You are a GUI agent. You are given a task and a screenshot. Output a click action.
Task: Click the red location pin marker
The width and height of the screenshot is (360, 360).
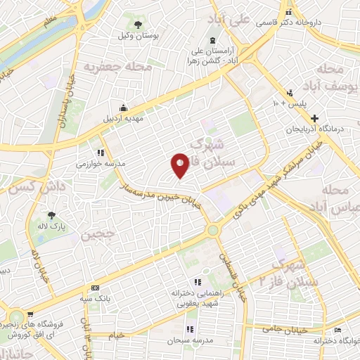(x=180, y=165)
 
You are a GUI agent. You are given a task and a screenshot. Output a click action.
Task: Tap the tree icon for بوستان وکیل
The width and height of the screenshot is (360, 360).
(x=137, y=25)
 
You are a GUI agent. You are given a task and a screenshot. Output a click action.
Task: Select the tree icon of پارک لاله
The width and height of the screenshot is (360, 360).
(x=51, y=216)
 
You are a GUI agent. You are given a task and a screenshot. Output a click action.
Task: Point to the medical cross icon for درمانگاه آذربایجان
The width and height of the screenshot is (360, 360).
(x=315, y=118)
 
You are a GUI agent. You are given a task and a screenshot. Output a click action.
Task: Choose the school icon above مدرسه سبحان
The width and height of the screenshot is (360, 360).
(x=189, y=329)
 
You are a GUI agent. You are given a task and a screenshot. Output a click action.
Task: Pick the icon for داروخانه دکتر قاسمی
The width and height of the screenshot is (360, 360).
(x=289, y=12)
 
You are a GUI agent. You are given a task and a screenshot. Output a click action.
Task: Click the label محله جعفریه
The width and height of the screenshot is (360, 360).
(x=109, y=67)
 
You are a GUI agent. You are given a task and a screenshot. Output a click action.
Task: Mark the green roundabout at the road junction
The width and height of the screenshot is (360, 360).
(x=212, y=230)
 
